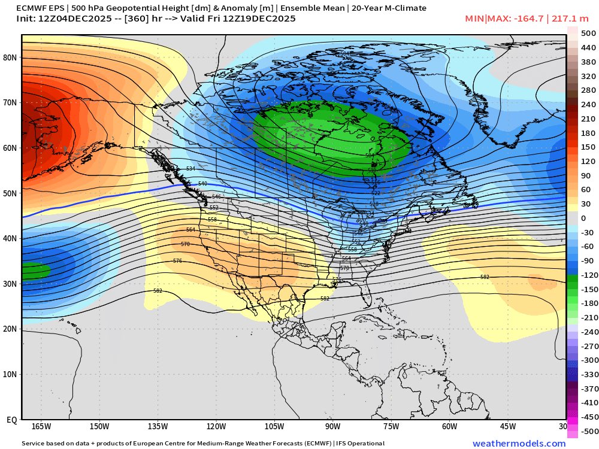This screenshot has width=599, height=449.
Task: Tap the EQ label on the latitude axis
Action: pos(11,420)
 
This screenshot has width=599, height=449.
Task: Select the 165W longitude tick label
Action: pos(41,426)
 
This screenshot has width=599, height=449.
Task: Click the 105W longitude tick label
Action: pos(274,426)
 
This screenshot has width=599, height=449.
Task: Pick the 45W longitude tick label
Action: pos(508,426)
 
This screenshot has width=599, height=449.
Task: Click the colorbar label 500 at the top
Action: pos(588,34)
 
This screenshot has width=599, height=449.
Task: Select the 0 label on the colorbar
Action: pos(583,219)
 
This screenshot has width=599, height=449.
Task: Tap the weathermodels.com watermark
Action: pos(519,444)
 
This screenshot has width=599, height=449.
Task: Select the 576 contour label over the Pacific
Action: pos(177,261)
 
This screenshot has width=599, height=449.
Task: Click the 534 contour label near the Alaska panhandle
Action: pos(190,169)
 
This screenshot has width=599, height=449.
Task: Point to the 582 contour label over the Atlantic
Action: pos(485,277)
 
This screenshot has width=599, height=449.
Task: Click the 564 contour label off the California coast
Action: pos(190,230)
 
